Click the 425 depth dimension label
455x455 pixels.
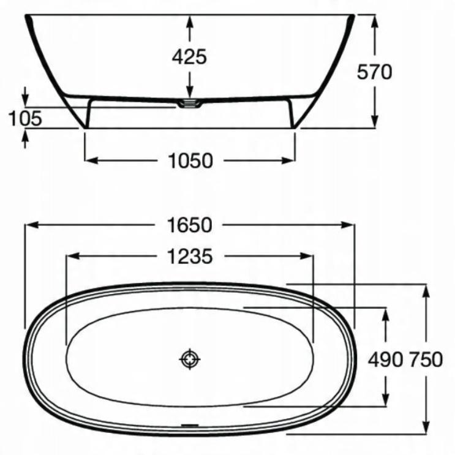point(189,56)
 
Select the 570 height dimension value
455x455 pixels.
point(374,72)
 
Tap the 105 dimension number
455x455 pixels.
point(25,118)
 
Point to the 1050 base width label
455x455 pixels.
point(190,160)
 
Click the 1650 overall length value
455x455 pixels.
point(190,225)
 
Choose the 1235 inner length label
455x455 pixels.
point(190,256)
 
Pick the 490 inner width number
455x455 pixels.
point(385,359)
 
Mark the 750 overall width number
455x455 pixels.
point(426,359)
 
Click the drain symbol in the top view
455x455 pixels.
point(190,359)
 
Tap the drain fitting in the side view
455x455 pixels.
point(190,103)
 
